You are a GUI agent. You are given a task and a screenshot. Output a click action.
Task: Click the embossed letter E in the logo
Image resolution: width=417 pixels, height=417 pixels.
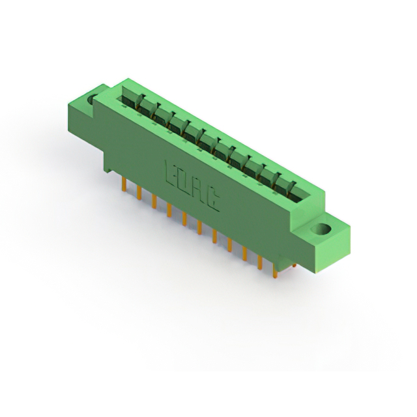click(171, 173)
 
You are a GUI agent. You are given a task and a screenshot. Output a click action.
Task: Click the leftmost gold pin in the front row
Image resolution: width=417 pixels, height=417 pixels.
click(124, 184)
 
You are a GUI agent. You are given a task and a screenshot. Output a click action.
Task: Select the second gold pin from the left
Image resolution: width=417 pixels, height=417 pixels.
click(139, 193)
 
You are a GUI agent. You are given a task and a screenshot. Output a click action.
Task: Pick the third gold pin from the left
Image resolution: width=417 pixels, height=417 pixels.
click(154, 201)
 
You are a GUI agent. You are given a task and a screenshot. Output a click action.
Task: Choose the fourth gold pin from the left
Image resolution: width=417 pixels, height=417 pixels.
click(169, 210)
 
